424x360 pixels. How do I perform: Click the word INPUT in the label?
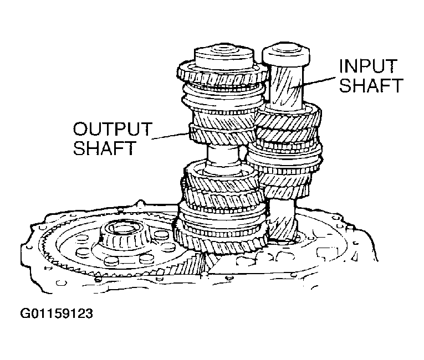[x=367, y=67]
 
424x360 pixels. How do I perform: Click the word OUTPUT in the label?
[x=112, y=129]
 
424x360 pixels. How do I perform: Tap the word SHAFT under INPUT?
[x=370, y=86]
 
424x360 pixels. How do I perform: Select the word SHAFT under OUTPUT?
[x=104, y=148]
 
